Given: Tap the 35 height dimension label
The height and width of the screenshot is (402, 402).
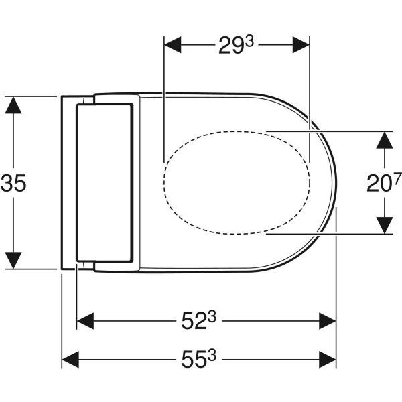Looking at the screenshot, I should (14, 183).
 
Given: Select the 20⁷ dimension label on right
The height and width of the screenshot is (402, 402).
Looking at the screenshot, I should (383, 182).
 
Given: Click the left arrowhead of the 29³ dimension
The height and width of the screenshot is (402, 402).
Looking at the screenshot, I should (172, 46).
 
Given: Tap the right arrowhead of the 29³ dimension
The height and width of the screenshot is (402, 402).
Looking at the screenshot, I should (301, 46).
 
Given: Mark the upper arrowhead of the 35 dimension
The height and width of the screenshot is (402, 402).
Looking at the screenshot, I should (14, 105).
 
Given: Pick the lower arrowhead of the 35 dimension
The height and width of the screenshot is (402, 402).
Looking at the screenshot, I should (14, 261).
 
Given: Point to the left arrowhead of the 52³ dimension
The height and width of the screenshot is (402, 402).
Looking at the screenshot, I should (86, 321).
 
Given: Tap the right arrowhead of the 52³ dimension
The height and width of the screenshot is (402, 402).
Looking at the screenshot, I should (328, 321).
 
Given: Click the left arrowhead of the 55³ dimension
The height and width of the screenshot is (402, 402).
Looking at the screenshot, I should (70, 358).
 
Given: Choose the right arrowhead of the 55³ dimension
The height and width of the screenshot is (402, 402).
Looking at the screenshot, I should (328, 358).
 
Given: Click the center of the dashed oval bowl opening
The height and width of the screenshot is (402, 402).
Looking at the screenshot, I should (237, 182).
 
